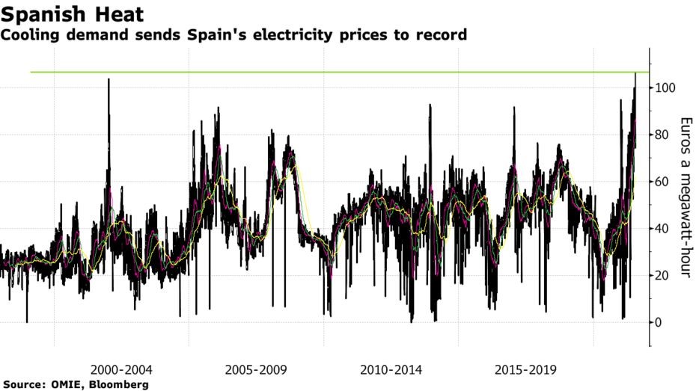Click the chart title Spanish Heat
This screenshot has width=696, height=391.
[x=72, y=14]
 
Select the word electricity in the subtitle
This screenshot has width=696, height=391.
[x=293, y=34]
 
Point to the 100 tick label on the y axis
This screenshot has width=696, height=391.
[x=665, y=87]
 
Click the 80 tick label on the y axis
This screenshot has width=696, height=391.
[x=662, y=135]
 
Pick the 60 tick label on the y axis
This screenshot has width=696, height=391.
[x=662, y=182]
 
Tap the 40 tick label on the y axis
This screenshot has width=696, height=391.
[x=662, y=229]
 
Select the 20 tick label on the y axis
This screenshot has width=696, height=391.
[x=662, y=276]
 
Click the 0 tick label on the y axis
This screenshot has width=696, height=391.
[x=659, y=322]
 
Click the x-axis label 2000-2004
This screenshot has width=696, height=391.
[x=121, y=370]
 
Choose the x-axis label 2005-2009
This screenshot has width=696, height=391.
[x=256, y=370]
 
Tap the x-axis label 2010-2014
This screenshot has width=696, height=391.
[x=391, y=370]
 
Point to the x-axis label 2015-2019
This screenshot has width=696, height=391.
[x=525, y=370]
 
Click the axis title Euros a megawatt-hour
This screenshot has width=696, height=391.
[x=686, y=197]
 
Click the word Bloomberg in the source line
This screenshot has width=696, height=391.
[x=119, y=384]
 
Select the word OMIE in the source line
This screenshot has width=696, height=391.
[x=70, y=384]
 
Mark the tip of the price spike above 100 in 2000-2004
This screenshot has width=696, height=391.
[x=109, y=79]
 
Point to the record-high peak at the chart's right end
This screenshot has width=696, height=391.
[x=635, y=73]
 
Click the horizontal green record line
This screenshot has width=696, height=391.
[x=340, y=72]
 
